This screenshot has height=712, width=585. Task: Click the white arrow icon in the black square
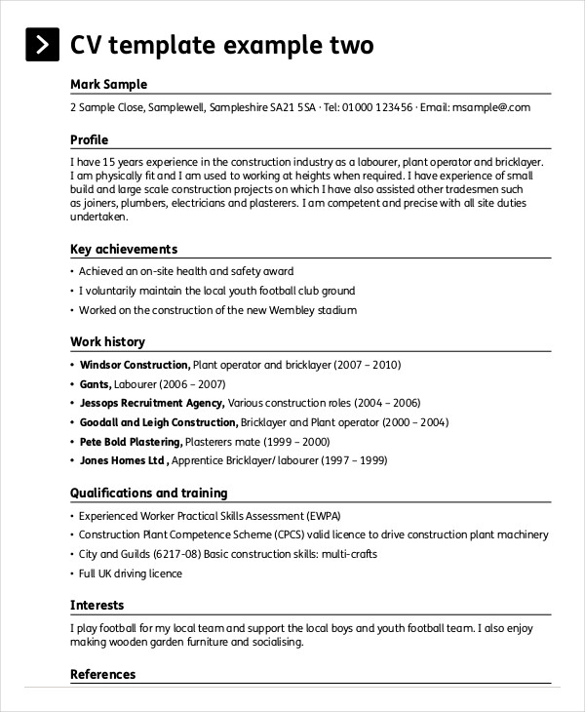[41, 46]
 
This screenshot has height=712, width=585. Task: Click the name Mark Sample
[109, 84]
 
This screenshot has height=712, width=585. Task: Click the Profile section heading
[90, 139]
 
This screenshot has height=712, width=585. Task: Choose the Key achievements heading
[124, 249]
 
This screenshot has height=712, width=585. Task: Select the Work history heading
[107, 341]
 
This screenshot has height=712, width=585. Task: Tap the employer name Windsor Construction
[134, 365]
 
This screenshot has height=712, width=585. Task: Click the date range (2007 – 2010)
[368, 365]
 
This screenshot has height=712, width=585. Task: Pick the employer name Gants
[95, 384]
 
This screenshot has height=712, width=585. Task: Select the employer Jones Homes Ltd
[123, 460]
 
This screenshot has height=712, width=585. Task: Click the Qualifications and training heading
[148, 493]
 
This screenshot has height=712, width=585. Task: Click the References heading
[102, 674]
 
